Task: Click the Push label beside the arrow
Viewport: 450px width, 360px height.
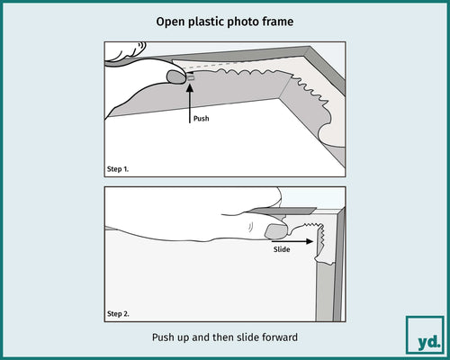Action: coord(202,119)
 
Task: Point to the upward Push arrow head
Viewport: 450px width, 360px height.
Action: coord(190,88)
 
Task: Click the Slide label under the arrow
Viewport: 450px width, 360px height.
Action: coord(282,249)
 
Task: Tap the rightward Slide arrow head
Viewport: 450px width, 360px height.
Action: coord(310,241)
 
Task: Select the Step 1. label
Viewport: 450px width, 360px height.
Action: coord(118,169)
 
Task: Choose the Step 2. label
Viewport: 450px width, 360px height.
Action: coord(118,314)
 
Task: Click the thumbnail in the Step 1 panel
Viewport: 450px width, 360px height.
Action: coord(176,76)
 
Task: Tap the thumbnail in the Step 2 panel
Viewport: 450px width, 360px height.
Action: coord(276,231)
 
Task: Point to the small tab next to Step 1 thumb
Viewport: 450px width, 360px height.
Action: coord(191,78)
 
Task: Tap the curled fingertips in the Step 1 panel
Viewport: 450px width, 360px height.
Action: coord(126,51)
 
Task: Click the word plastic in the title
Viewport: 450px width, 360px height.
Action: coord(206,22)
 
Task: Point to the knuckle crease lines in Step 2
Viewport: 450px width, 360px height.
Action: coord(251,227)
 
